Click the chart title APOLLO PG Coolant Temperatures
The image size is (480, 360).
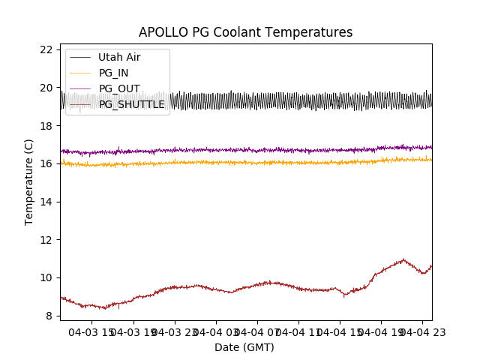(245, 33)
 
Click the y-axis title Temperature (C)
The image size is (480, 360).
(29, 181)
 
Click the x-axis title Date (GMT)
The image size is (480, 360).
(244, 347)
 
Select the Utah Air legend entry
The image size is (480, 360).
(119, 57)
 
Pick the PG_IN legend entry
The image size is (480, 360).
(113, 73)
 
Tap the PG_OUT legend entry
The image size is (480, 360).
(119, 88)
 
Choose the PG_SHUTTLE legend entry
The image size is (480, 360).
(131, 104)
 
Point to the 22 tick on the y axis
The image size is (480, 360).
(46, 49)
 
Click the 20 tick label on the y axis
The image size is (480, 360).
(46, 88)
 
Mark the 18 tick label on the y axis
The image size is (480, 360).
(46, 126)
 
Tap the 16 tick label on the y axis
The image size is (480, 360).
(46, 163)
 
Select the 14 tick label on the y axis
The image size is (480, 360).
(46, 202)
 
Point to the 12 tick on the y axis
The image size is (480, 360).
(46, 240)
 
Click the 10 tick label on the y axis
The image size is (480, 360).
(46, 277)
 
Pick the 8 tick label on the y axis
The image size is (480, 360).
(49, 316)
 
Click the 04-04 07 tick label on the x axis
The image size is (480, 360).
(257, 331)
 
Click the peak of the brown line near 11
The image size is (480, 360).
(403, 259)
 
